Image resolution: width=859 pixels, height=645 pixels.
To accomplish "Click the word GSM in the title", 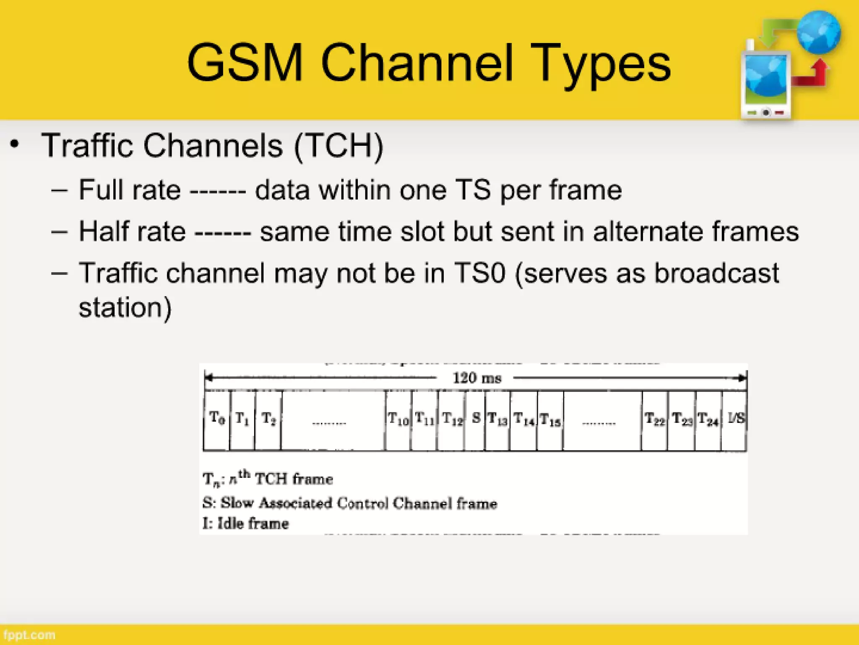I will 245,63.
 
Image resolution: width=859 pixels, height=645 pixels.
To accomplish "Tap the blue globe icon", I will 818,33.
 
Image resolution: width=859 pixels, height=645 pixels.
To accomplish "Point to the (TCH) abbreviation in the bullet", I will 338,146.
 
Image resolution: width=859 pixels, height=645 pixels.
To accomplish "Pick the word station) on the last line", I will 125,307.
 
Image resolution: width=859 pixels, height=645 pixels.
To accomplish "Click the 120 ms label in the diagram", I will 477,378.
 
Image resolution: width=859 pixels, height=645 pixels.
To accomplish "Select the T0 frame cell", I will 217,420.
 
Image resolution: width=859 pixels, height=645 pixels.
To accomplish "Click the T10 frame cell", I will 398,420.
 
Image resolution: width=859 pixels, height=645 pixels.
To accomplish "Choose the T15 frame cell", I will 550,420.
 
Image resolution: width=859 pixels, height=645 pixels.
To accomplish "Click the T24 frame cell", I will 708,420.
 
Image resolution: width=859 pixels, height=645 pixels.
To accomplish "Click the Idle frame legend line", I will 245,524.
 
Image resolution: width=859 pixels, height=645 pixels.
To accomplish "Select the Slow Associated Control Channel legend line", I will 349,503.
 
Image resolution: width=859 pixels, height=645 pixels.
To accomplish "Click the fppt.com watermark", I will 29,635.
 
